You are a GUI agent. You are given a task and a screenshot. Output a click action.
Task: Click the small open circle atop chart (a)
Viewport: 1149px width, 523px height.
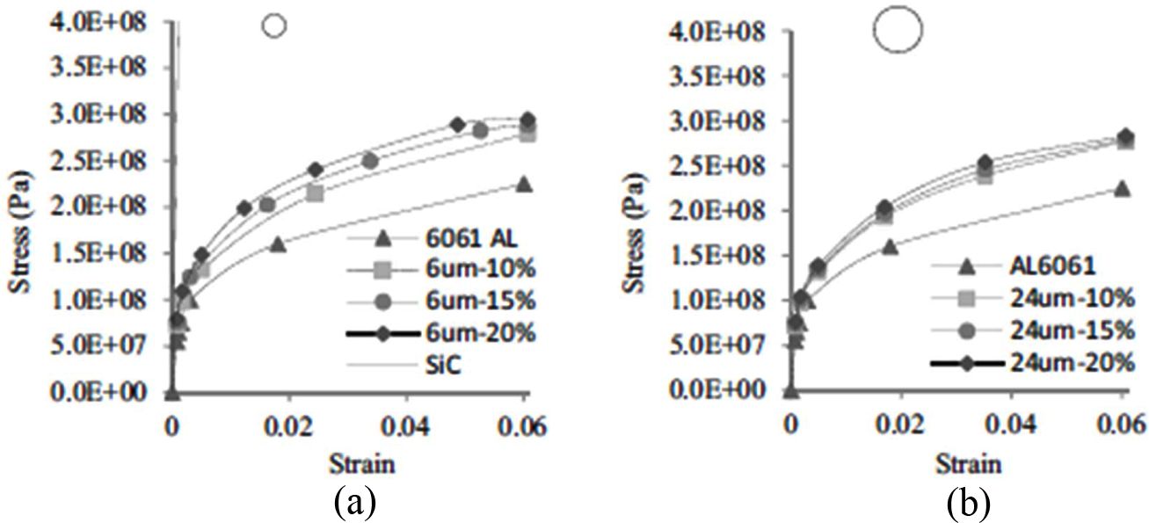(274, 26)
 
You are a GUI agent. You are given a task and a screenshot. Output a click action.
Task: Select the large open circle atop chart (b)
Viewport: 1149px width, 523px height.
(898, 31)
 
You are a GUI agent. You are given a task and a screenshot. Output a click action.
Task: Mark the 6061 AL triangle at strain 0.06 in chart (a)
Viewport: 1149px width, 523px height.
(524, 185)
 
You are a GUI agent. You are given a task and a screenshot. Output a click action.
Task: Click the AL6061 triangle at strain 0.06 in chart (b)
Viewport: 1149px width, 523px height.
(1121, 188)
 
